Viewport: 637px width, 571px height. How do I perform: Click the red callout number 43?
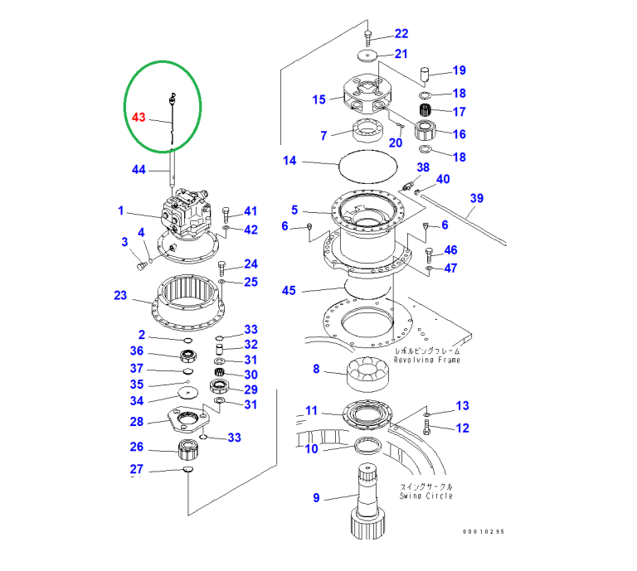click(x=139, y=118)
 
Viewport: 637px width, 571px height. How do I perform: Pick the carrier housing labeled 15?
click(x=366, y=97)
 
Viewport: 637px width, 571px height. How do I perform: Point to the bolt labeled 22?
click(x=368, y=36)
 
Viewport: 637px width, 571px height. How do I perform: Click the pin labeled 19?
click(x=425, y=76)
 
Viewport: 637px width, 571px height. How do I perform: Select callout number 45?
click(x=289, y=291)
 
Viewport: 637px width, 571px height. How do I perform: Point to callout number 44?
click(x=139, y=170)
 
